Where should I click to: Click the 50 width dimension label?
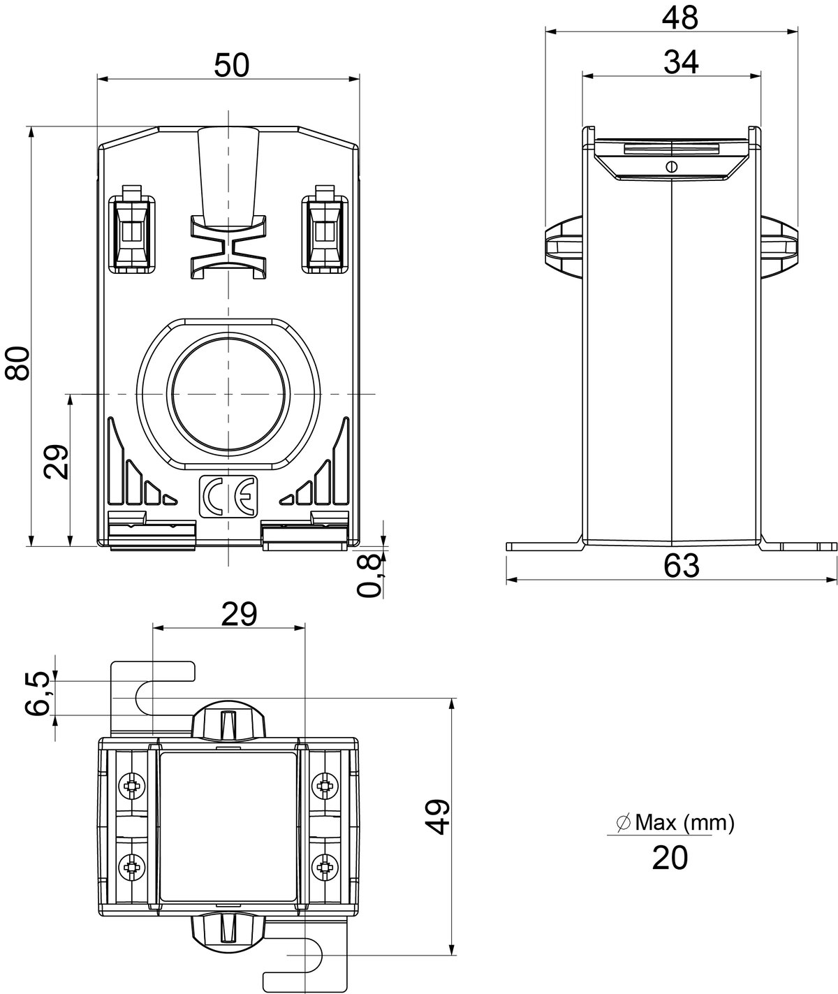[231, 65]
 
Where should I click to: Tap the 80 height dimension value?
[17, 363]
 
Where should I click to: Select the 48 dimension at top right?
[680, 18]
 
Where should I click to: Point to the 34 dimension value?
[681, 62]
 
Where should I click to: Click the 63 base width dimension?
[681, 566]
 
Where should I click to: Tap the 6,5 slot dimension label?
[38, 694]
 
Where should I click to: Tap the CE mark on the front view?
[228, 496]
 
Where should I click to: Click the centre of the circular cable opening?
[228, 394]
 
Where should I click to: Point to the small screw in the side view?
[671, 166]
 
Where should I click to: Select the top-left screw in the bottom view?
[131, 784]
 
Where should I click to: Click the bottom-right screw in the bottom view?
[325, 865]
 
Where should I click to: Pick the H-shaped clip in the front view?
[228, 247]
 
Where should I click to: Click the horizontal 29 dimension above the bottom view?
[239, 614]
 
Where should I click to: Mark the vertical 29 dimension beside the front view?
[56, 461]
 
